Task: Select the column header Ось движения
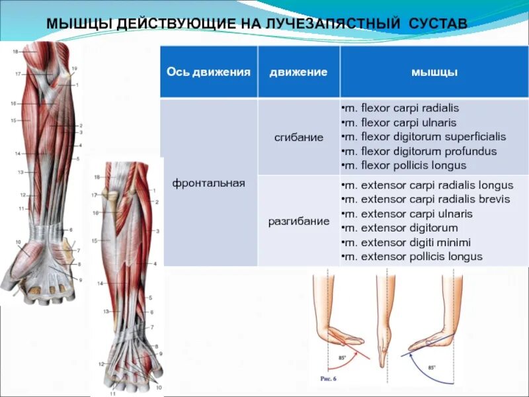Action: click(208, 72)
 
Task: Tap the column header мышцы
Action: click(434, 72)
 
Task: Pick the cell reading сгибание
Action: click(299, 138)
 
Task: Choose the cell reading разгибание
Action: click(299, 221)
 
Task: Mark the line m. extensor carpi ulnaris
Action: click(407, 214)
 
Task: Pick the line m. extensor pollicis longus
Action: click(412, 257)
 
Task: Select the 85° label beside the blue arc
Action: click(431, 367)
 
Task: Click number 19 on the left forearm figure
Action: click(74, 69)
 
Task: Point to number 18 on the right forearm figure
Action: click(97, 177)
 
